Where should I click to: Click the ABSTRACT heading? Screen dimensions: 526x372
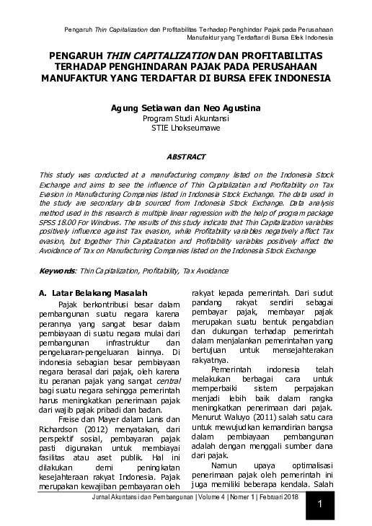(186, 156)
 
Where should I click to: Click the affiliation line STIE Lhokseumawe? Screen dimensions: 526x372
(186, 128)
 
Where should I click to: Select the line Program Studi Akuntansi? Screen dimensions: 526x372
(186, 118)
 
